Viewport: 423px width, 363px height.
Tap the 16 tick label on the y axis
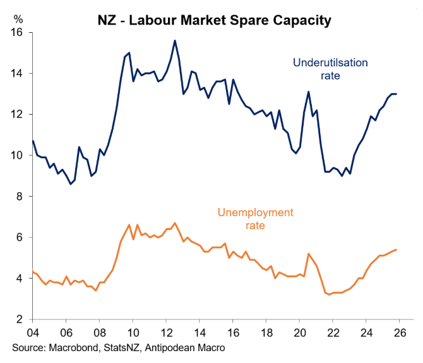coord(16,33)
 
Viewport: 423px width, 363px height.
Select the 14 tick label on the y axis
coord(16,74)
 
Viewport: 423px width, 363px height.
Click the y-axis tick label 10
coord(16,156)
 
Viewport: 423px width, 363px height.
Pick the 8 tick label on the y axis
coord(19,197)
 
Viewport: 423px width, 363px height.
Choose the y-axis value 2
coord(19,320)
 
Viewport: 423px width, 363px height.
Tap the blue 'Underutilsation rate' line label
coord(330,69)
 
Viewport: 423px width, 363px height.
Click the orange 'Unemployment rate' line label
coord(255,218)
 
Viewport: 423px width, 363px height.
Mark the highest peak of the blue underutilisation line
coord(174,41)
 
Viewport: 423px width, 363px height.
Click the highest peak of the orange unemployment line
coord(175,223)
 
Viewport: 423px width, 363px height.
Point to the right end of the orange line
coord(396,250)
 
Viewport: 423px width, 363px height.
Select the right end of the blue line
coord(396,94)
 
